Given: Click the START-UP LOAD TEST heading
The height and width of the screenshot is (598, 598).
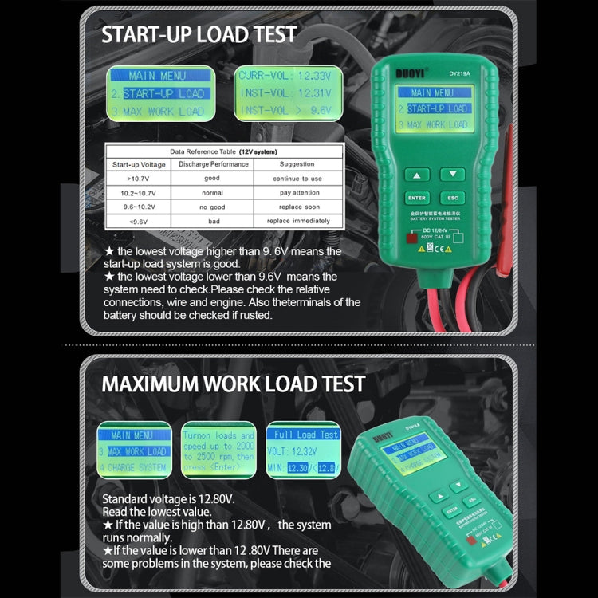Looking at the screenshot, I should pos(199,34).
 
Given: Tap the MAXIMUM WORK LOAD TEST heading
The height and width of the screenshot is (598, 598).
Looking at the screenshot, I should pos(233,383).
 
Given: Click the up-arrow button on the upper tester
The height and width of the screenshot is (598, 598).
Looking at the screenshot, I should pos(416,173).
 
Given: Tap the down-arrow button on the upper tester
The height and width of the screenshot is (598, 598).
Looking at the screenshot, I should pos(452,173).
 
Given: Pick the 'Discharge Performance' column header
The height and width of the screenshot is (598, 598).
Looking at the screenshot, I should pos(213,164).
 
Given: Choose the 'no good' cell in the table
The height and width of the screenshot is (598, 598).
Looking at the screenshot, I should pos(212,207).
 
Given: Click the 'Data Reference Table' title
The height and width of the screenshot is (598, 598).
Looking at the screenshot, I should pos(223,151).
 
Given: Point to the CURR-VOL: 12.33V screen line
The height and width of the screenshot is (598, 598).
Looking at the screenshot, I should pos(285,76).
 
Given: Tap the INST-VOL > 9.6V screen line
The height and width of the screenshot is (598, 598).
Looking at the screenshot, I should pos(285,110).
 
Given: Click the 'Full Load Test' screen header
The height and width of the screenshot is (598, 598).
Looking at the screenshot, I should pos(306,435).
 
